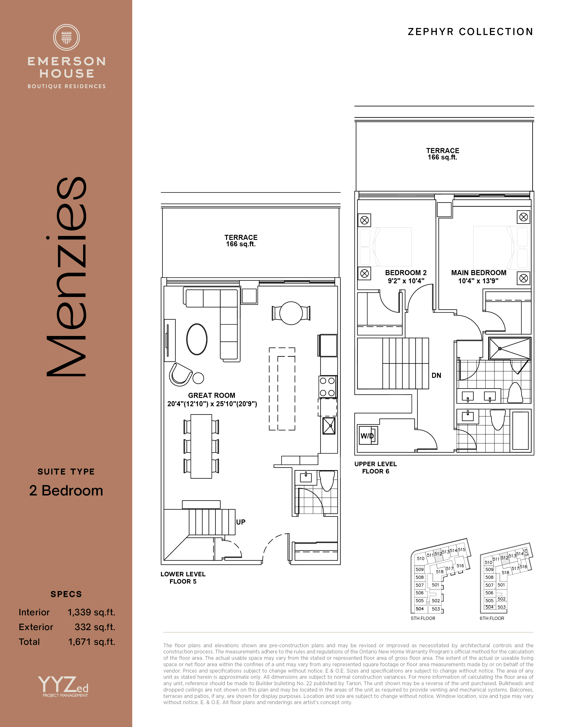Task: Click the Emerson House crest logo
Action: [x=67, y=37]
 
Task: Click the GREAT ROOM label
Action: [x=212, y=395]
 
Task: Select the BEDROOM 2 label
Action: [x=406, y=273]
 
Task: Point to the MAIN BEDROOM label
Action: [x=479, y=273]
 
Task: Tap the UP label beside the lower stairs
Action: [x=241, y=522]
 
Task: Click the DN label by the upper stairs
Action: [x=436, y=375]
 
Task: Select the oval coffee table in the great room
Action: [x=197, y=339]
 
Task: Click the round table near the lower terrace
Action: [x=291, y=313]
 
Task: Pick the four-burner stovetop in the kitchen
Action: [x=328, y=387]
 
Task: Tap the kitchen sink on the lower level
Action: [x=329, y=426]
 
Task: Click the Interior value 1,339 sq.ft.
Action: [x=91, y=612]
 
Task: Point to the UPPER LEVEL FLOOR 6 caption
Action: [x=376, y=467]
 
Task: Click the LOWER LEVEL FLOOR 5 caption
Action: [x=183, y=578]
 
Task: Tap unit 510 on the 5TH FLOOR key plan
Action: [x=421, y=558]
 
